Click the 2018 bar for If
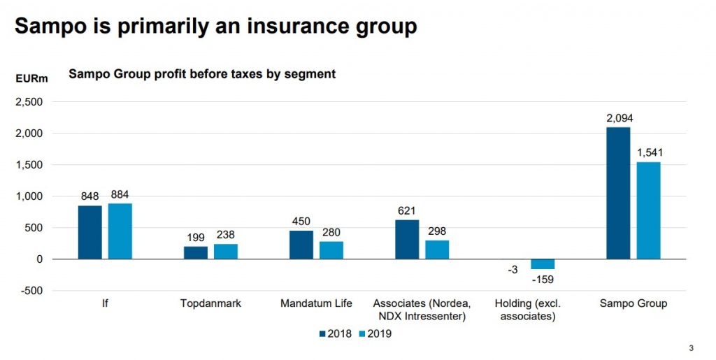pos(89,232)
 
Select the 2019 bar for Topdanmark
pos(226,252)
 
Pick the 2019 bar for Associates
pos(437,250)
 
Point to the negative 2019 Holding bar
pos(543,264)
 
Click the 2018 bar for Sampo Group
pos(618,193)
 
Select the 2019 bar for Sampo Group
pos(648,210)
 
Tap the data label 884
pos(120,195)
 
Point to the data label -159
pos(543,280)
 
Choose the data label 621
pos(407,211)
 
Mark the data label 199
pos(196,238)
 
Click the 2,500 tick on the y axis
pos(29,102)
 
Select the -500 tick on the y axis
pos(31,291)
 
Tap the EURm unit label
pos(32,78)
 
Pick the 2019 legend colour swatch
pos(361,333)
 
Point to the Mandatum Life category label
pos(316,303)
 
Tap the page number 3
pos(692,348)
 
